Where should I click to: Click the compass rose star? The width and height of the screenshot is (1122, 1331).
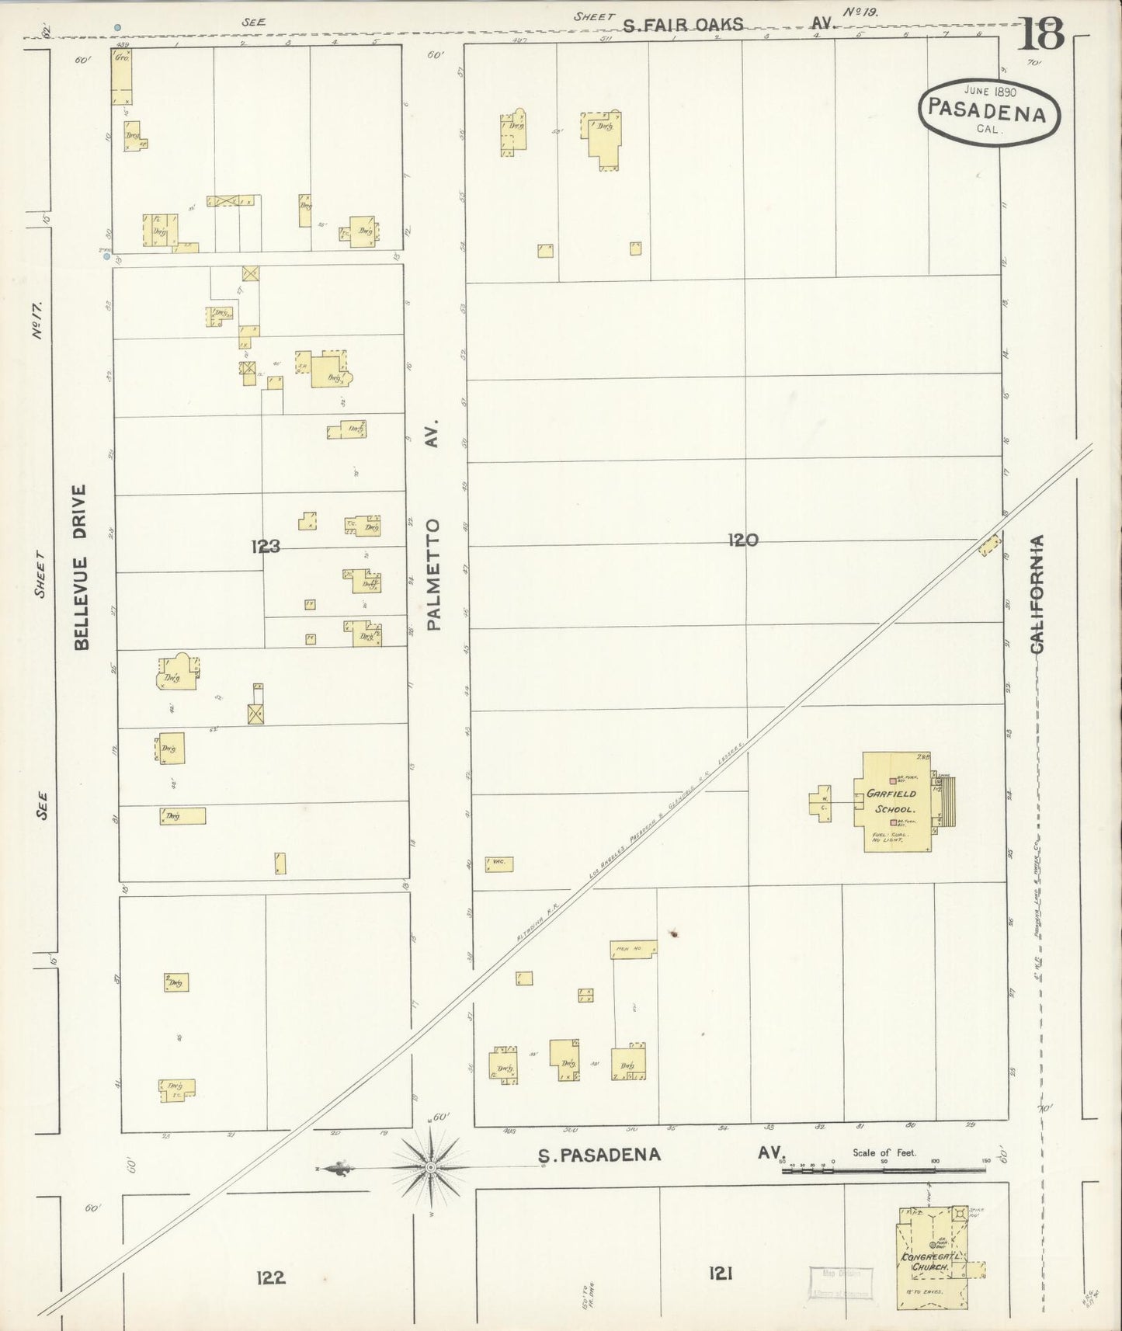(430, 1167)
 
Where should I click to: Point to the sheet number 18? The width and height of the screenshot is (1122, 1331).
(1041, 33)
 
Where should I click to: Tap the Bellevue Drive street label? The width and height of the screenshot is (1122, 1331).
(82, 567)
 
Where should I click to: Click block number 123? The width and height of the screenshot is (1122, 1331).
(265, 547)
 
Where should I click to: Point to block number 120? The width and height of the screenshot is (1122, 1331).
(742, 540)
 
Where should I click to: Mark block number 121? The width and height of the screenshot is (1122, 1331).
(721, 1273)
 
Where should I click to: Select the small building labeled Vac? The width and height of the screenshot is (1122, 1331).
(499, 863)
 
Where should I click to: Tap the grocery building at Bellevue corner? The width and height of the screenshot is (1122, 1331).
(121, 77)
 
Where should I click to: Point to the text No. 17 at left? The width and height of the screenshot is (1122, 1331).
(36, 323)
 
